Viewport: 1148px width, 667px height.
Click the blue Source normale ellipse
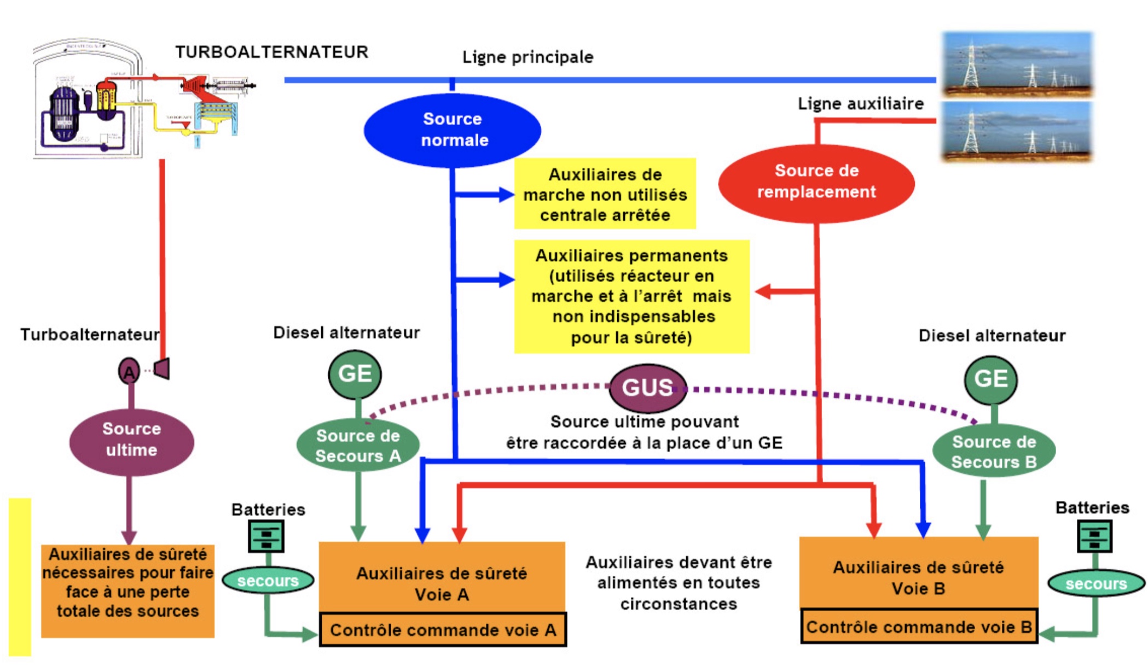tap(453, 130)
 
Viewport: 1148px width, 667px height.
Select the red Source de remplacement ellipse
tap(816, 182)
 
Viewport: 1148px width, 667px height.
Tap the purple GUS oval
tap(647, 388)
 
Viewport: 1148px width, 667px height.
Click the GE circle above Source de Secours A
tap(355, 375)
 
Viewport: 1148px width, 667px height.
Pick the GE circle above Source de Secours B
tap(990, 379)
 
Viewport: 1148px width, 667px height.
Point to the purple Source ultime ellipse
tap(131, 440)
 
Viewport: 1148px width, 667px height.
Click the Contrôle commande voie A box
tap(443, 630)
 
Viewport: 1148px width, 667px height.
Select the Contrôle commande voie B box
tap(919, 627)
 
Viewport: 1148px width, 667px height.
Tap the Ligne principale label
tap(527, 57)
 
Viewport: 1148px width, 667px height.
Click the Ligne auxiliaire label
tap(860, 103)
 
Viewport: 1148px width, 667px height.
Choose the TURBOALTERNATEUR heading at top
tap(271, 52)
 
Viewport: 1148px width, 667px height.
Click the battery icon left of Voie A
tap(266, 536)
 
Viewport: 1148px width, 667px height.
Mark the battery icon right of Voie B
tap(1094, 536)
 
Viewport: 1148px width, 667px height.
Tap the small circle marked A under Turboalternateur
tap(129, 372)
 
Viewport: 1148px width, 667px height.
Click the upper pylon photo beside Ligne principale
tap(1017, 63)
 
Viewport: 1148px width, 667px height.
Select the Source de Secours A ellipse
tap(358, 446)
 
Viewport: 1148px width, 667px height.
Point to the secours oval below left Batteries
tap(268, 580)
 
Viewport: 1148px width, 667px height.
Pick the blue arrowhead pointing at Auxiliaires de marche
tap(506, 194)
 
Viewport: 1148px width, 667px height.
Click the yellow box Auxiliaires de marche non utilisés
tap(605, 194)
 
